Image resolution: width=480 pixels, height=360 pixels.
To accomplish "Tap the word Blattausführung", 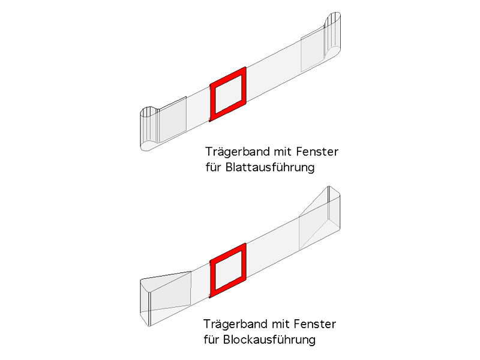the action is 270,167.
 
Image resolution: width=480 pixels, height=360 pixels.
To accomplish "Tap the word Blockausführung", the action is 269,340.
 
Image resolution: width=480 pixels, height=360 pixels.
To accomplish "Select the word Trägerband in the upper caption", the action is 237,152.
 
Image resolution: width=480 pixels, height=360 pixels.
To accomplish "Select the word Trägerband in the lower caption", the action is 235,325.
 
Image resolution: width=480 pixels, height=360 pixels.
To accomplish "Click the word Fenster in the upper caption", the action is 317,152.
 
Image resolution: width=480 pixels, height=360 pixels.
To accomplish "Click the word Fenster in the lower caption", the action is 315,324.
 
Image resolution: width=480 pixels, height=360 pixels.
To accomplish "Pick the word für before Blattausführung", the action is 214,167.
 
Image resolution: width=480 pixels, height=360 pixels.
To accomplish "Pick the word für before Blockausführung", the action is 212,340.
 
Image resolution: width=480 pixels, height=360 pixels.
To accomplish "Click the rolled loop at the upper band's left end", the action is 149,128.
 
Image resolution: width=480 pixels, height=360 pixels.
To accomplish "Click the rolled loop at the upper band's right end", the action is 332,35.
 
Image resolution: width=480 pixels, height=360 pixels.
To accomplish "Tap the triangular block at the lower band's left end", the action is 166,298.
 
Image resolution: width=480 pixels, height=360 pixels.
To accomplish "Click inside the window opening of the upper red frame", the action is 228,94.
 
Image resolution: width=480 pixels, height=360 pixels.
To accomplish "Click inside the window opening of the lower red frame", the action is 228,271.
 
